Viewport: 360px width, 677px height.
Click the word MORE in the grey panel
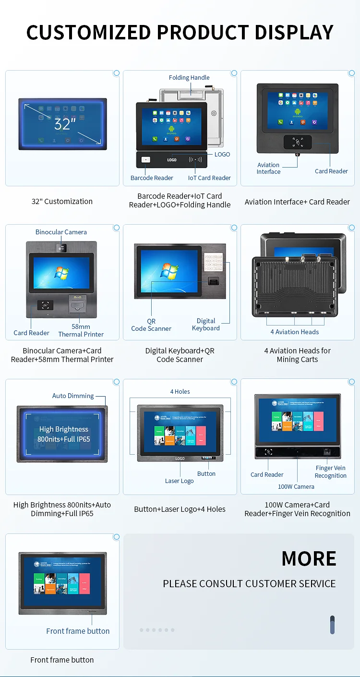pyautogui.click(x=309, y=558)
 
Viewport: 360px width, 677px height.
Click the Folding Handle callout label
pyautogui.click(x=189, y=78)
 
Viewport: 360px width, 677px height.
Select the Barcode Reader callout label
pyautogui.click(x=152, y=178)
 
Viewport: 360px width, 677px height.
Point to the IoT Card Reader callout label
pyautogui.click(x=209, y=178)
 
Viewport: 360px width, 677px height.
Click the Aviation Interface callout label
pyautogui.click(x=268, y=168)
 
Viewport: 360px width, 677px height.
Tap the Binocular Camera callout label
pyautogui.click(x=61, y=232)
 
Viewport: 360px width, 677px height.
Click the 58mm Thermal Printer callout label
pyautogui.click(x=81, y=330)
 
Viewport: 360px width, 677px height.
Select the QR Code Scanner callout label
pyautogui.click(x=151, y=325)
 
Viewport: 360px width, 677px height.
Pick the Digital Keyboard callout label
pyautogui.click(x=206, y=325)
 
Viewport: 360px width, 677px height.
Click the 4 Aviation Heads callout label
pyautogui.click(x=294, y=332)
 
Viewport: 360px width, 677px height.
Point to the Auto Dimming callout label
pyautogui.click(x=73, y=396)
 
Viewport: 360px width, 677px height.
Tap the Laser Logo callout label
pyautogui.click(x=180, y=481)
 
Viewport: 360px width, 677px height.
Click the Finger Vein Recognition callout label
pyautogui.click(x=330, y=472)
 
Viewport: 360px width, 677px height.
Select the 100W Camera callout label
pyautogui.click(x=296, y=487)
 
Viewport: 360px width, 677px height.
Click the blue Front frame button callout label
pyautogui.click(x=78, y=631)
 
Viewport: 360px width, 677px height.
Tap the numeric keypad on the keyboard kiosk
pyautogui.click(x=212, y=262)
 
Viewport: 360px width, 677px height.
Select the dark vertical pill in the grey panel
pyautogui.click(x=332, y=625)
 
